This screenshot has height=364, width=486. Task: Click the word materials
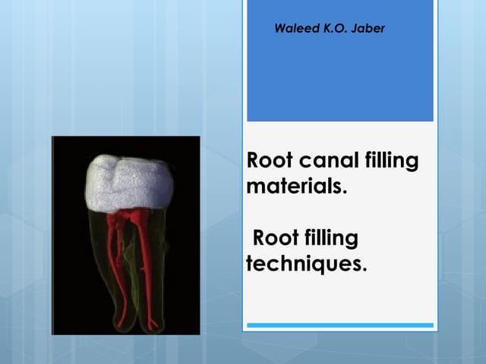(x=295, y=186)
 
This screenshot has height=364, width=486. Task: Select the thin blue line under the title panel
(x=339, y=325)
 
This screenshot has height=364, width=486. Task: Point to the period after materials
(x=345, y=191)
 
